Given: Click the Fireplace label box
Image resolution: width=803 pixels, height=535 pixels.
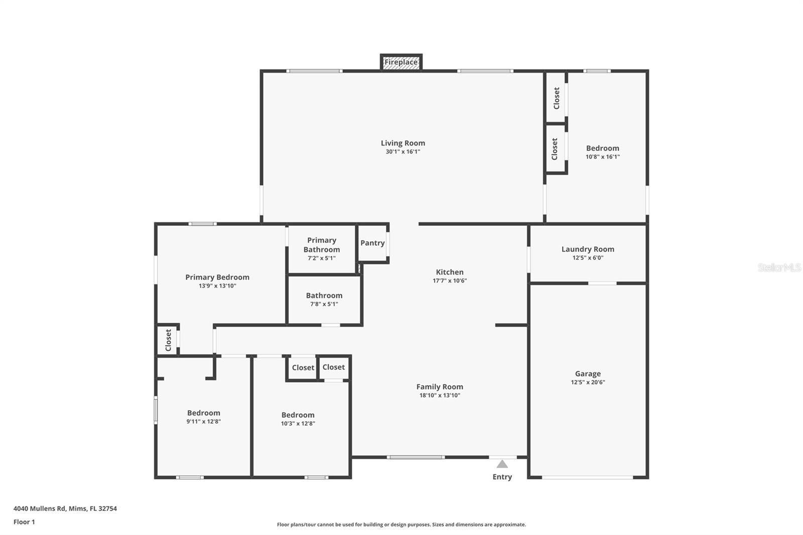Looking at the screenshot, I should point(401,62).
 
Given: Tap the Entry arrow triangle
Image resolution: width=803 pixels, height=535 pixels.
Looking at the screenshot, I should point(502,464).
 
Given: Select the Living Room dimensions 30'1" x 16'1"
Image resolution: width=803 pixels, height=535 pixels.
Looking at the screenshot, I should point(403,152).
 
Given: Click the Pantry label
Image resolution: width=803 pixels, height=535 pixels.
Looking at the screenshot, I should point(372,243).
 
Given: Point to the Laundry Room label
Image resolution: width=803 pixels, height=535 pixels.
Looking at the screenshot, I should point(588,249).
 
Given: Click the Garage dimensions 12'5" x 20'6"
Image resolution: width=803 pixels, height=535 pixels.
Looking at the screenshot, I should point(588,382).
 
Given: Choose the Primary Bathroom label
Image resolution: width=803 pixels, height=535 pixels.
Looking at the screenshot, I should point(322,245).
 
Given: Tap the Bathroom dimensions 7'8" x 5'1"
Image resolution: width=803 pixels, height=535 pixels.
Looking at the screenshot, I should point(324,304).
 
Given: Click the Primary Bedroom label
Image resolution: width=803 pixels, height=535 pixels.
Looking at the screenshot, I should point(217,277).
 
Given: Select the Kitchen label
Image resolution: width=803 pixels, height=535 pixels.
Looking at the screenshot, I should point(450,272).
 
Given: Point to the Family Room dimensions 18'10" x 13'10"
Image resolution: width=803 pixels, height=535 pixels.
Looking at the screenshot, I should point(440,395).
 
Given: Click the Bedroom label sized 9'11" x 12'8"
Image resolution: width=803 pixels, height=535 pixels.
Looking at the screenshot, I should point(204,413).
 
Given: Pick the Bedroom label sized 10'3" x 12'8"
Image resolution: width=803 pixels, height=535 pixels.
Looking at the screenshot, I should point(298,415).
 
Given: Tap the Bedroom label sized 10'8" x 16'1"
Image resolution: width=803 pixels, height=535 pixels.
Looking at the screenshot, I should point(602,148).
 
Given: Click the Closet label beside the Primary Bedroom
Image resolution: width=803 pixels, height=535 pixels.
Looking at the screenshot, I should point(168,340).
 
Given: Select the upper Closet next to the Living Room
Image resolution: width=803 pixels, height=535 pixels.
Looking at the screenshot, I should point(556,98).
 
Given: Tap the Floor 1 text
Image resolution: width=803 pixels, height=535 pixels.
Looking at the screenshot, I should point(24,522).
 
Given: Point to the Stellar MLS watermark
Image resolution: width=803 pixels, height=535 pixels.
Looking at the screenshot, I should point(779,267).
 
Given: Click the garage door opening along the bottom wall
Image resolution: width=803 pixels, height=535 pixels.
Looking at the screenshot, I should point(587,477).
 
